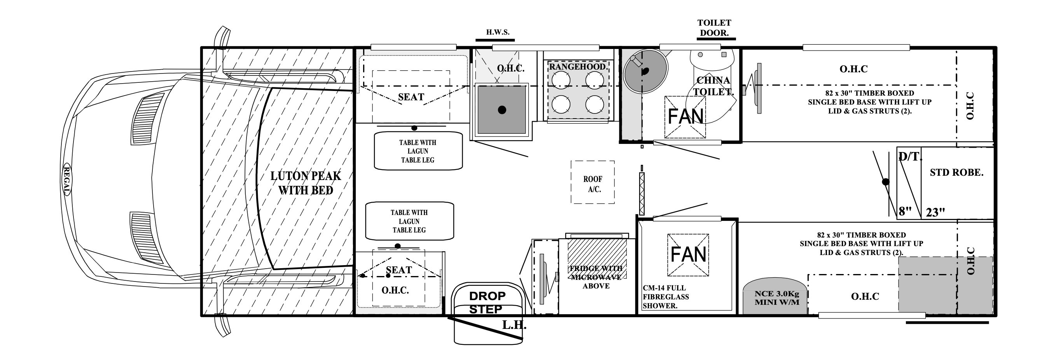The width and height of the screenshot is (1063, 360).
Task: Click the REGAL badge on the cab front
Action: click(x=66, y=180)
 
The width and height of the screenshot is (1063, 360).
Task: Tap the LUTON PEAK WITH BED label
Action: click(x=306, y=183)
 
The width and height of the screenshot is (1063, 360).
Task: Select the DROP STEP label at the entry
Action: click(x=486, y=302)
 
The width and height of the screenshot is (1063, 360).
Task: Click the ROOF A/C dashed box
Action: click(x=593, y=182)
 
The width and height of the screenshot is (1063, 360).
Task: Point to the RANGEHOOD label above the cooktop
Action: click(x=578, y=66)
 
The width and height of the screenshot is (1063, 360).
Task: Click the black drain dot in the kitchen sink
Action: click(x=502, y=110)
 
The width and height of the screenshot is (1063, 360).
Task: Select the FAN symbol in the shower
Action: click(x=688, y=254)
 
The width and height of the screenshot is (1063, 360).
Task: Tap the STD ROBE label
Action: click(x=956, y=173)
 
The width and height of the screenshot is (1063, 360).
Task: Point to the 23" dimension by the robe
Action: click(x=935, y=212)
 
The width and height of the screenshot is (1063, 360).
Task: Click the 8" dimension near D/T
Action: click(x=905, y=211)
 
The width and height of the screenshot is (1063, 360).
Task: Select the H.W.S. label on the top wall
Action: click(x=497, y=32)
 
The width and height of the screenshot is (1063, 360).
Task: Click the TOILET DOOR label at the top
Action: click(x=714, y=28)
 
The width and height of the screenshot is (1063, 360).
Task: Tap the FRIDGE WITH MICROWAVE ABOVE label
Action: click(x=596, y=277)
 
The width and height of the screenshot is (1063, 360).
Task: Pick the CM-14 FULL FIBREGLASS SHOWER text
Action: click(x=665, y=297)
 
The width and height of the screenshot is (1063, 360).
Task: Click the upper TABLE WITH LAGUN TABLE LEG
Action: click(x=418, y=151)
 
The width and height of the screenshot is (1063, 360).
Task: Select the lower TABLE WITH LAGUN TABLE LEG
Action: click(x=409, y=221)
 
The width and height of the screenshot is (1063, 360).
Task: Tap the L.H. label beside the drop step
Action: click(x=514, y=325)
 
